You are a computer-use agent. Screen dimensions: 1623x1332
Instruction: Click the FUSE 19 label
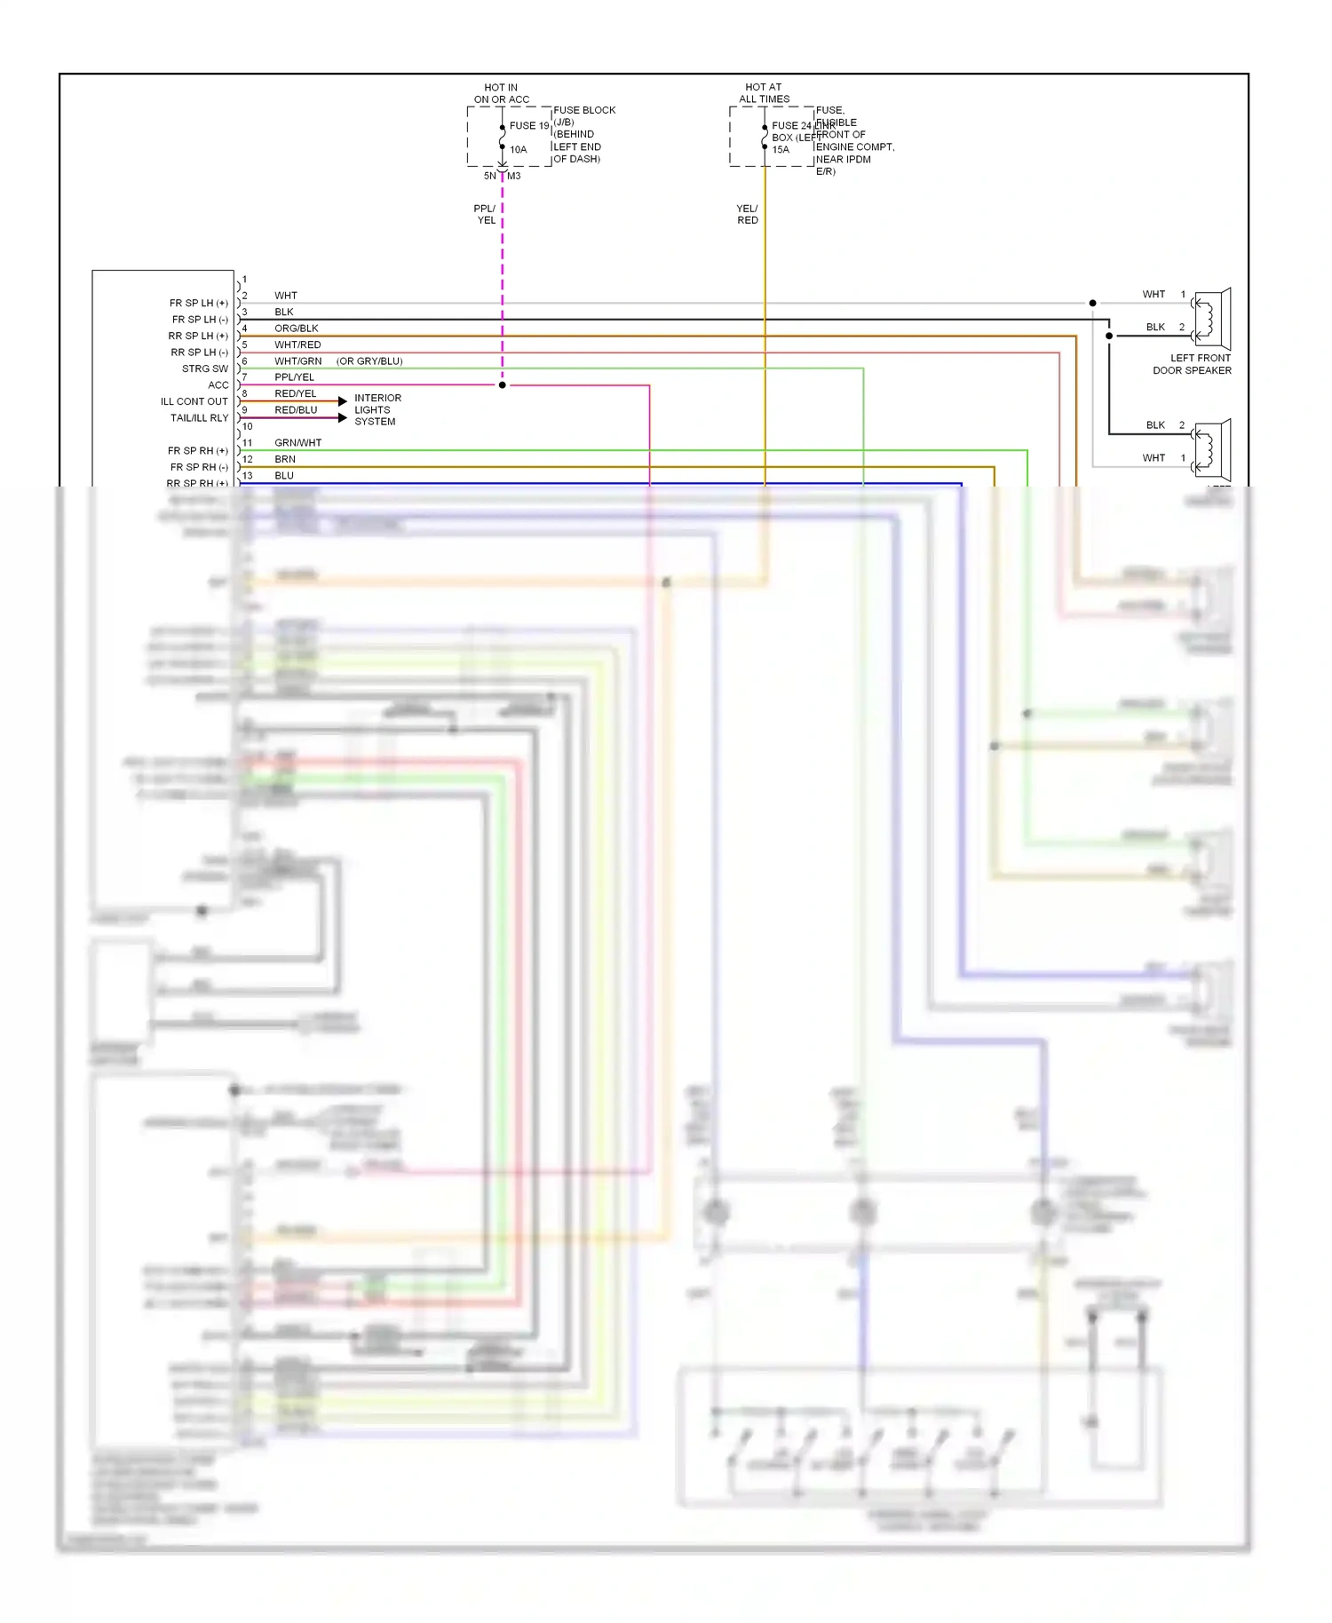529,126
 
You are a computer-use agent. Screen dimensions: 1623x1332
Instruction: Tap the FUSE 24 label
791,126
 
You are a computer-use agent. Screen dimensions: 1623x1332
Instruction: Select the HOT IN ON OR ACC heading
501,93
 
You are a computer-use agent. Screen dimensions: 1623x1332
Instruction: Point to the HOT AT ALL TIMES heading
764,93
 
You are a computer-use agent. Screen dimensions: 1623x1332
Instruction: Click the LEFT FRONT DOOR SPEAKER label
1193,364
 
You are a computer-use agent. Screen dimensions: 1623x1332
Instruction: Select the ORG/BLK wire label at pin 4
296,329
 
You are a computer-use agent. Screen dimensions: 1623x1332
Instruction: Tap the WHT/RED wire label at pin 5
297,344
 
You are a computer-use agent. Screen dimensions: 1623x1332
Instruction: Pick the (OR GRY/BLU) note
369,361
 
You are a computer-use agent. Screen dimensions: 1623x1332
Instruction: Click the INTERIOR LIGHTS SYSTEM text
377,409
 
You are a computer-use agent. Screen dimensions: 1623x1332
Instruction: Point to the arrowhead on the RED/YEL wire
343,401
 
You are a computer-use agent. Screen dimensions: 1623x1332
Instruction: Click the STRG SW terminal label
205,368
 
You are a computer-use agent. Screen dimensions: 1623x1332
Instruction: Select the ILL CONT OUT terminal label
194,401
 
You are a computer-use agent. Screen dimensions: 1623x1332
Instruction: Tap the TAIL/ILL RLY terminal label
199,417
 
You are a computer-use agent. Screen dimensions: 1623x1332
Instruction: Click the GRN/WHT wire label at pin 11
297,442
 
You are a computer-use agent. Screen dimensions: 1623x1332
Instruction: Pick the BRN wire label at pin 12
285,459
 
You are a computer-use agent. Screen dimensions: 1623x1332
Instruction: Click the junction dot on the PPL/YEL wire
503,385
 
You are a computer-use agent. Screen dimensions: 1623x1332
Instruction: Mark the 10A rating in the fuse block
519,150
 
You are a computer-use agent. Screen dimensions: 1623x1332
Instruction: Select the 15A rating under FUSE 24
781,150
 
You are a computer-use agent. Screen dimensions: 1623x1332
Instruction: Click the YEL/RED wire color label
747,214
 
